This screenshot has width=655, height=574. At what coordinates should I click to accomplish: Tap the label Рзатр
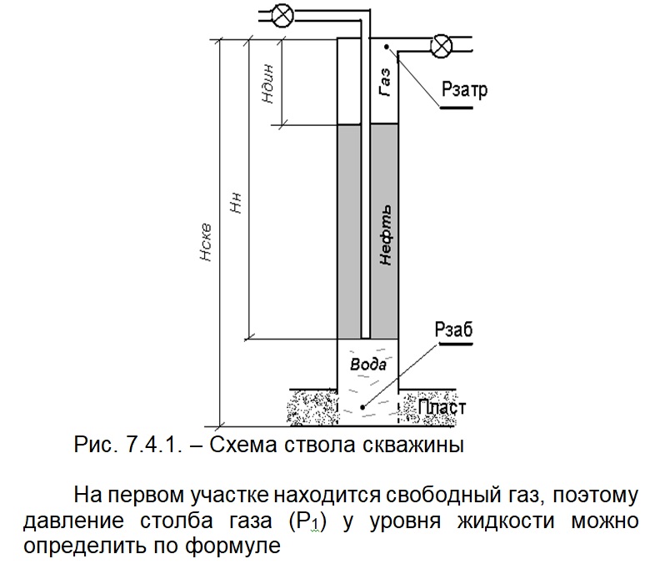tap(464, 90)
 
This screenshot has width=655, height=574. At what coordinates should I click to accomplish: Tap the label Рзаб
tap(453, 330)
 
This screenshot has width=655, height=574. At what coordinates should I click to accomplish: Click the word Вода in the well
tap(366, 365)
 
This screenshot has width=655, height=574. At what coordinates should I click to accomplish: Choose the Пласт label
tap(441, 409)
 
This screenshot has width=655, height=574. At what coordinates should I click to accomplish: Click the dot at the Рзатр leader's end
tap(398, 58)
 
